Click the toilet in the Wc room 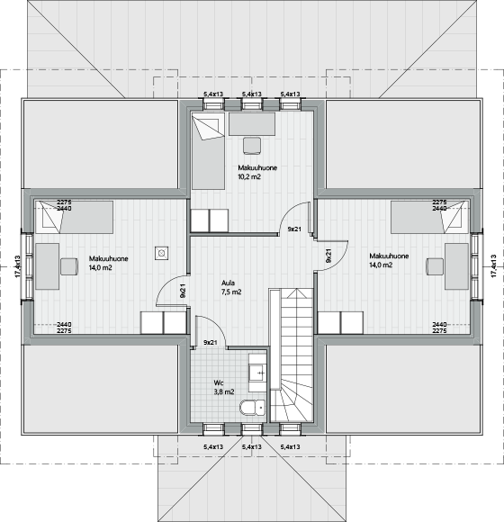pos(252,408)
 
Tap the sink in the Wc pos(258,373)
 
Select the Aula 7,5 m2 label pos(231,288)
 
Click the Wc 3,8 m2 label pos(224,388)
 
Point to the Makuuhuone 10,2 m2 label pos(257,172)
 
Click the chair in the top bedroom pos(252,146)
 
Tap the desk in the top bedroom pos(252,124)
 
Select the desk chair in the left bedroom pos(69,266)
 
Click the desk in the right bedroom pos(456,266)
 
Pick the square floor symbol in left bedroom pos(161,253)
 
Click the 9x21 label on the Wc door pos(211,342)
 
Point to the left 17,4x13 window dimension pos(18,266)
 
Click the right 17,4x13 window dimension pos(494,265)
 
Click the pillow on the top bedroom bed pos(208,127)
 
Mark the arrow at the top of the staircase pos(296,293)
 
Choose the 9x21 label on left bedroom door pos(183,291)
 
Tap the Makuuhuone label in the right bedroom pos(389,256)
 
